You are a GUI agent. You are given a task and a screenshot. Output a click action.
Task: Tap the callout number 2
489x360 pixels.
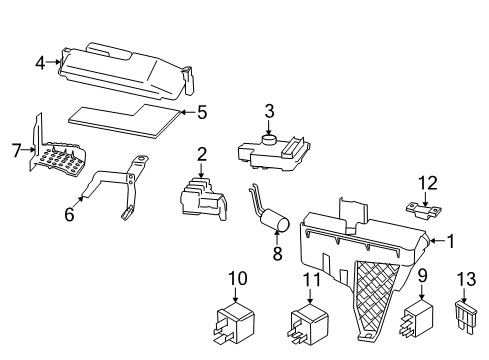pyautogui.click(x=201, y=154)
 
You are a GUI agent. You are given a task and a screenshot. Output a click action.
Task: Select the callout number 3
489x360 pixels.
pyautogui.click(x=269, y=110)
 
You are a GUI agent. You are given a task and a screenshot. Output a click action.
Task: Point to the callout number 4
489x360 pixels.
pyautogui.click(x=41, y=63)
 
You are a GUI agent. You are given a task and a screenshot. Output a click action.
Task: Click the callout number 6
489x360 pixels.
pyautogui.click(x=69, y=213)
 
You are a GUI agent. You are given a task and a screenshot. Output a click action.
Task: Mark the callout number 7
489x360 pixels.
pyautogui.click(x=16, y=151)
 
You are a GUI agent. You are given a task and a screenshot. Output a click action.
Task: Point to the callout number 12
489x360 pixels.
pyautogui.click(x=428, y=182)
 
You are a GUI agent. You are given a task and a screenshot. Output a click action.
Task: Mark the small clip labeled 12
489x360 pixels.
pyautogui.click(x=427, y=210)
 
